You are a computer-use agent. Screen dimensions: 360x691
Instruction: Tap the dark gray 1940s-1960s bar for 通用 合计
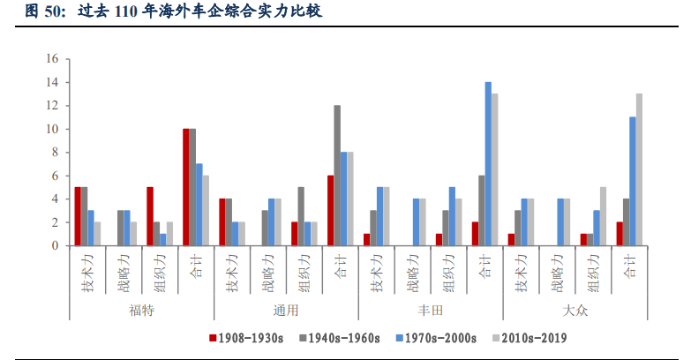tap(336, 176)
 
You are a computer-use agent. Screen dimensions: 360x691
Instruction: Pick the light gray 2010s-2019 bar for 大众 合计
tap(639, 169)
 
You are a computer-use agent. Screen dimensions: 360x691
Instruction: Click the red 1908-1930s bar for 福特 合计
tap(186, 187)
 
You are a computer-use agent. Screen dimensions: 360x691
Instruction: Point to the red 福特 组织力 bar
tap(150, 216)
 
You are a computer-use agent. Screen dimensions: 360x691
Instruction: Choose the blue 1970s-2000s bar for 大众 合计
tap(632, 181)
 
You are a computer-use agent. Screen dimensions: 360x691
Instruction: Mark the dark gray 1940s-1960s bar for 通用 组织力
tap(301, 216)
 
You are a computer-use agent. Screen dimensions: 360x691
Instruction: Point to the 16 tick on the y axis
tap(52, 59)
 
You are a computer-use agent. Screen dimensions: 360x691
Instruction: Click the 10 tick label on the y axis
tap(52, 129)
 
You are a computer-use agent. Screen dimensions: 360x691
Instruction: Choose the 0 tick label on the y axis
tap(55, 246)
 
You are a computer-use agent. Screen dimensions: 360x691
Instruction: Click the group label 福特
tap(141, 311)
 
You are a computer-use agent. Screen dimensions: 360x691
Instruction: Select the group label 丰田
tap(430, 311)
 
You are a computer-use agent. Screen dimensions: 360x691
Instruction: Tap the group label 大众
tap(575, 311)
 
